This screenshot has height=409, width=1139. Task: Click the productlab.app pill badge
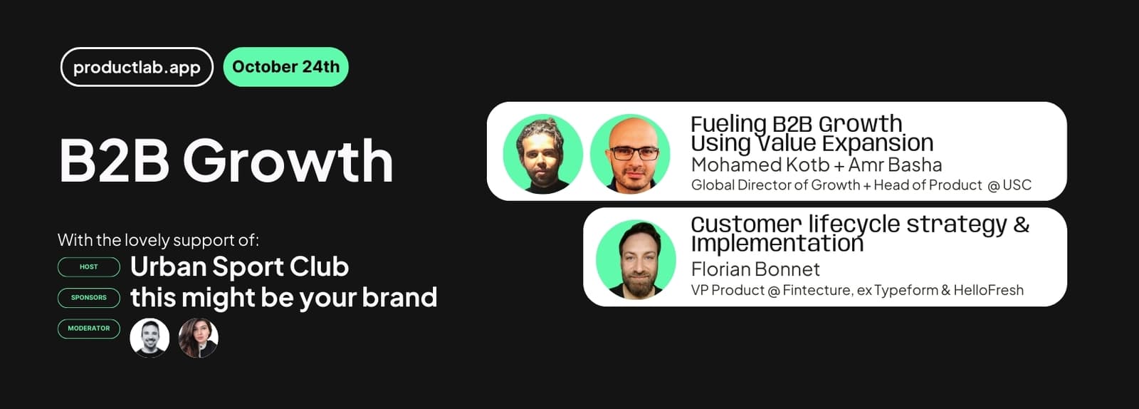click(137, 67)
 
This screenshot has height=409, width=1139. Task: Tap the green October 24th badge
click(285, 67)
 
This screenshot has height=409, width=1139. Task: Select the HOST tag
click(89, 267)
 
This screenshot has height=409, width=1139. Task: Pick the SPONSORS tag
click(89, 298)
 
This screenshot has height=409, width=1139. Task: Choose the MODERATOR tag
click(89, 328)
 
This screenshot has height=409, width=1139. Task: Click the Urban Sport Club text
click(239, 266)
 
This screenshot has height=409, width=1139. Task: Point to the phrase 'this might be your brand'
click(284, 298)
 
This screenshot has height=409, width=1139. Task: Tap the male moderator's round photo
click(149, 338)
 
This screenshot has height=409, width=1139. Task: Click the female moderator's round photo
click(199, 338)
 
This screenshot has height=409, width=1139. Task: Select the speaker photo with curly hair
click(543, 154)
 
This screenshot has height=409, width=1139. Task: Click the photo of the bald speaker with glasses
click(631, 154)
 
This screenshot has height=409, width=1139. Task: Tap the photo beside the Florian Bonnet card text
click(636, 259)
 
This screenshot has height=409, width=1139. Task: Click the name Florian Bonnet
click(755, 269)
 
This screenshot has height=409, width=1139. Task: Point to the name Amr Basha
click(895, 165)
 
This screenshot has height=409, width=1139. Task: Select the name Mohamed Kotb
click(761, 165)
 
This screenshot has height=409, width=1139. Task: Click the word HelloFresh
click(989, 290)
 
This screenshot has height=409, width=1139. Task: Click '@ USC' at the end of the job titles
click(1009, 185)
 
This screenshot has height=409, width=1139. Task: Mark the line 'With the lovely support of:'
click(158, 239)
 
